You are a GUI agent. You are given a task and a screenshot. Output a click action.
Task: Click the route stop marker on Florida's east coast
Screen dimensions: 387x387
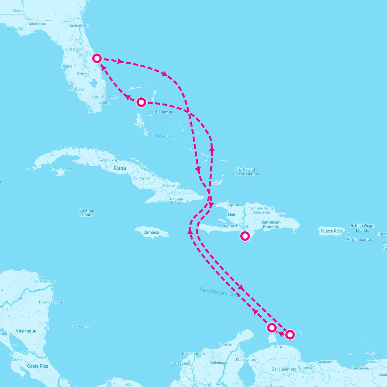97,58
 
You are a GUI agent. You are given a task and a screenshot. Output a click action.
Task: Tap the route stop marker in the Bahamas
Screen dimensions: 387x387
141,102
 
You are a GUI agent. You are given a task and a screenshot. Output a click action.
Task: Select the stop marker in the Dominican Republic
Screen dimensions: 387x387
245,236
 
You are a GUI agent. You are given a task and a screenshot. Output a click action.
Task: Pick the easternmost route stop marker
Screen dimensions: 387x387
290,335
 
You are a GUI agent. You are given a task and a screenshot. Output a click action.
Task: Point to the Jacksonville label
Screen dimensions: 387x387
80,26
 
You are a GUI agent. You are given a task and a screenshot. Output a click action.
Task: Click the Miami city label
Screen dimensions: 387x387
104,103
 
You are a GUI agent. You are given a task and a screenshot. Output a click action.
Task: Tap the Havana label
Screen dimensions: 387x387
68,148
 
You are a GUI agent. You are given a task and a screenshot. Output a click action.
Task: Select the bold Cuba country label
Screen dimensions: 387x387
120,168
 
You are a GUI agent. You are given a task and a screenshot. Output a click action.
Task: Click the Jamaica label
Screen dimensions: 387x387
152,232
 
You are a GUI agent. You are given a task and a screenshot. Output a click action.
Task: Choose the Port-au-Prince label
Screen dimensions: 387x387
234,226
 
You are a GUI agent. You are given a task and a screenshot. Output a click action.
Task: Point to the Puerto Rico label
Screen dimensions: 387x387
331,231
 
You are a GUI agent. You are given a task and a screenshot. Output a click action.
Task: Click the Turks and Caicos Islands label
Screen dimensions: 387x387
246,172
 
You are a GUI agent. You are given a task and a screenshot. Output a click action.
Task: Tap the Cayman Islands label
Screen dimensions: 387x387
87,213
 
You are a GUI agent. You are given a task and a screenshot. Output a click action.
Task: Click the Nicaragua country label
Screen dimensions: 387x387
26,331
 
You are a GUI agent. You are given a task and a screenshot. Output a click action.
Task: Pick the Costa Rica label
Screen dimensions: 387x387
37,366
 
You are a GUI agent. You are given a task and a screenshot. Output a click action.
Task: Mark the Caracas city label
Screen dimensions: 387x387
323,362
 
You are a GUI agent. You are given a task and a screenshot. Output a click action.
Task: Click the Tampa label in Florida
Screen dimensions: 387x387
66,66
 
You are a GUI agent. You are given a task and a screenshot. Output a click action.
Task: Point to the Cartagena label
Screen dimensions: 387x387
181,363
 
